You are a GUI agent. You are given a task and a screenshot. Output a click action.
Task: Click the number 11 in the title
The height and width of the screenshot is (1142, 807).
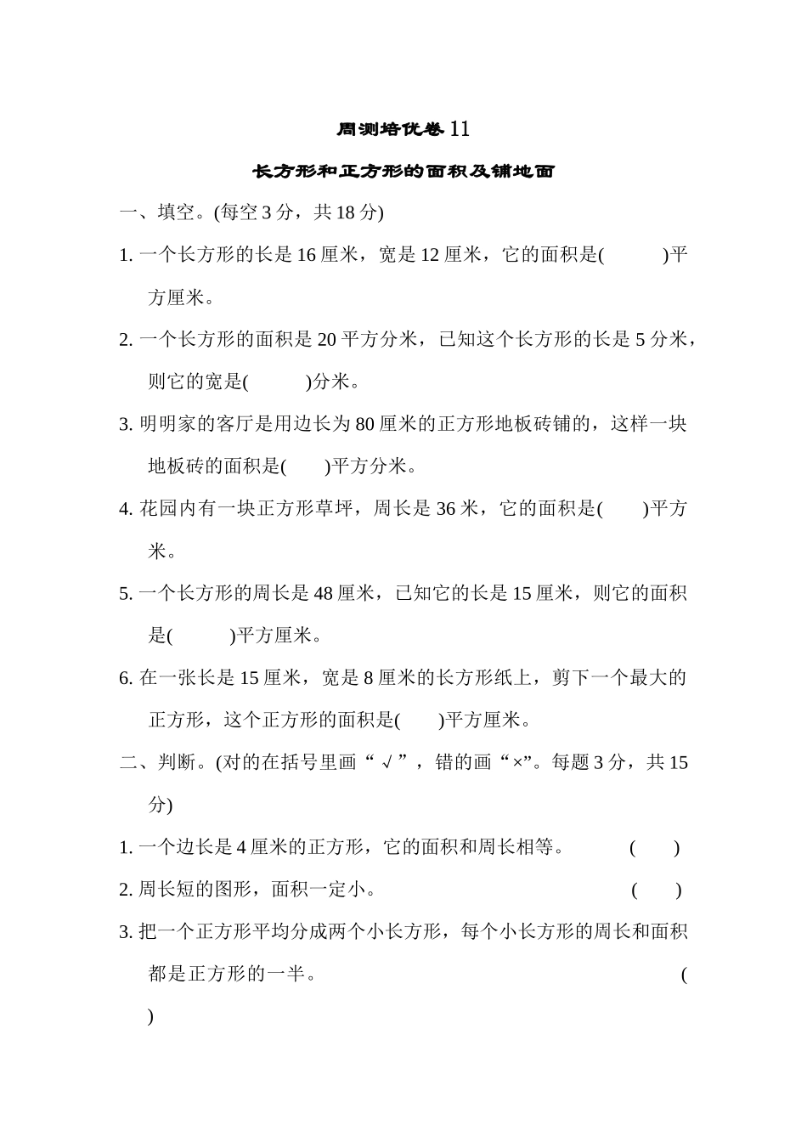pos(459,129)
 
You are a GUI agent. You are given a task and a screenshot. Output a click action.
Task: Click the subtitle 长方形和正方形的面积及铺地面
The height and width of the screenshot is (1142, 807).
pos(403,172)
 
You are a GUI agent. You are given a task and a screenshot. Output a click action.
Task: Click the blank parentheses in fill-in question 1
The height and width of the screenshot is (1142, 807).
pos(634,255)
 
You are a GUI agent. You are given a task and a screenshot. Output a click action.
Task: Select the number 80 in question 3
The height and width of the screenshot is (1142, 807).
pos(365,424)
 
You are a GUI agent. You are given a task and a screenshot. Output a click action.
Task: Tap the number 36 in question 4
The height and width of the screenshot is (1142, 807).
pos(446,509)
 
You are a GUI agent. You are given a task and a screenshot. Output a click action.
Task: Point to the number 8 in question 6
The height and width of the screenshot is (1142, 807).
pos(369,678)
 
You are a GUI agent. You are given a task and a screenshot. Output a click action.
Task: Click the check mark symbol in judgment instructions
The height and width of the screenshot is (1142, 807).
pos(387,763)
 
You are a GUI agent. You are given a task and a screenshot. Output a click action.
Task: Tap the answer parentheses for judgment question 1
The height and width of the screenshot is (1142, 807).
pos(654,847)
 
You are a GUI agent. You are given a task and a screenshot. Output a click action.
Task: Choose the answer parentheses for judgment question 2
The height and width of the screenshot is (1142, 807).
pos(656,890)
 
